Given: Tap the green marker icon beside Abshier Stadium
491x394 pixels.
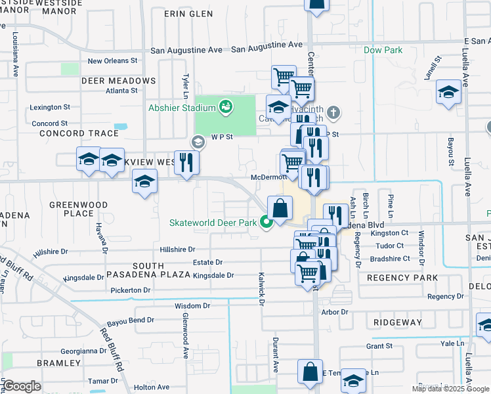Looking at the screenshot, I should pos(226,105).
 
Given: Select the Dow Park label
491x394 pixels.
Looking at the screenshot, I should pos(383,50).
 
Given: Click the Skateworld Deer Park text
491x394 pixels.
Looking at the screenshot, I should pos(213,223).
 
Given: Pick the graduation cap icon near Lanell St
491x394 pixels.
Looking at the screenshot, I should pos(449,93).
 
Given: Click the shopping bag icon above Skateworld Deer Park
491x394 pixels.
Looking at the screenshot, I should pos(280,209).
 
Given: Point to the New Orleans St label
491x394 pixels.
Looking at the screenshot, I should pos(112,60).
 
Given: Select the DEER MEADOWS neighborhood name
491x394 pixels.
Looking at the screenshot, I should pos(119,81).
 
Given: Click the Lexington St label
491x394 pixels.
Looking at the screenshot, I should pos(50,107).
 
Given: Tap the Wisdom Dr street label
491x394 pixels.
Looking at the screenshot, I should pos(192,306).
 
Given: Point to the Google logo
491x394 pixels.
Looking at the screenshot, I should pos(22,386).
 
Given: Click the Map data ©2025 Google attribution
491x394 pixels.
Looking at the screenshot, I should pos(450,389).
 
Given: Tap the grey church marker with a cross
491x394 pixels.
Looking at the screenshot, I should pos(333,112).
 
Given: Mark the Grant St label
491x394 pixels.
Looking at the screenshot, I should pos(379,346).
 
